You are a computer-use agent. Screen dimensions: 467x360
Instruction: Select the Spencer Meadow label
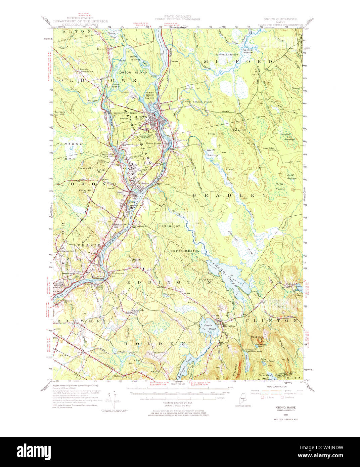pos(248,51)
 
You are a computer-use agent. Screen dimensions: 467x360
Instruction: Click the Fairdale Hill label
pos(61,113)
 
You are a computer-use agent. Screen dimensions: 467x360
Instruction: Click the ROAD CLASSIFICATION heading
pos(276,386)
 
